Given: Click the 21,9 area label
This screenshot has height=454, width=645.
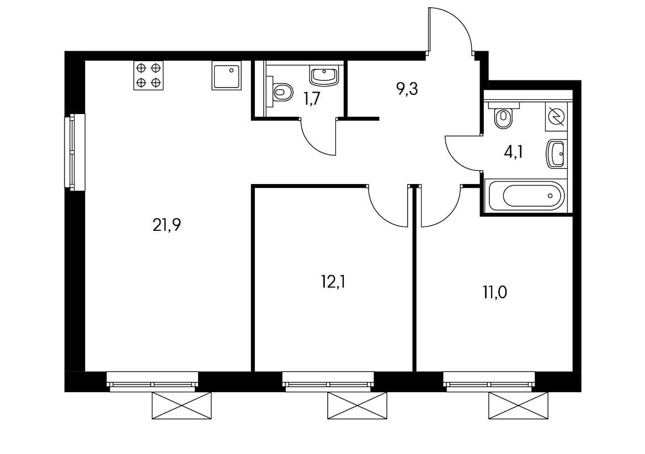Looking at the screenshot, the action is tap(167, 225).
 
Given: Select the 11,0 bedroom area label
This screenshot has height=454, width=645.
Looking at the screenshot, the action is tap(494, 293).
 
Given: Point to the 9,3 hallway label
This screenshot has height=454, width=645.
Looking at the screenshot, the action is tap(407, 88).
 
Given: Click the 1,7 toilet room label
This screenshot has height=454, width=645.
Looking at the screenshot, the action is tap(311, 99).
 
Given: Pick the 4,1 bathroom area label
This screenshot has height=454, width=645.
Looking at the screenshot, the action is tap(513, 153).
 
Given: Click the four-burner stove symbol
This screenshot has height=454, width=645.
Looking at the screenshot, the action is tap(148, 75).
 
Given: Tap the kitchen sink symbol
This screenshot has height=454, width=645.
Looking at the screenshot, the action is tap(226, 75).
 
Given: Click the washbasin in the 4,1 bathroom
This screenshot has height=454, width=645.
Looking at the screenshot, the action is tap(556, 154).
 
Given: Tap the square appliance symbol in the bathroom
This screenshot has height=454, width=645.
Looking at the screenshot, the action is tap(556, 117).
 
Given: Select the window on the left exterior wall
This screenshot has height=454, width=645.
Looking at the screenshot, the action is tap(74, 152).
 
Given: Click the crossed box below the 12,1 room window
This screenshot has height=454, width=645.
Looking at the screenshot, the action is tap(357, 406).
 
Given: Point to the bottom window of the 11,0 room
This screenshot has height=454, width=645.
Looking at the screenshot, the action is tap(489, 382).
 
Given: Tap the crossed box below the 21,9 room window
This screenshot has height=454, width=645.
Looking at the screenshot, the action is tap(182, 406).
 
